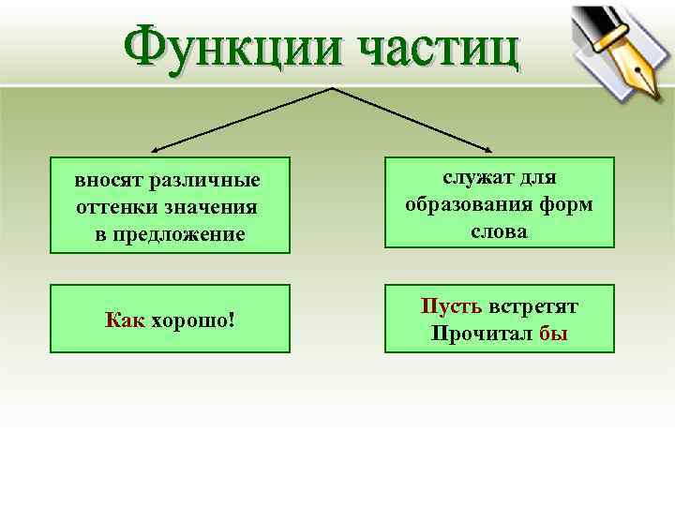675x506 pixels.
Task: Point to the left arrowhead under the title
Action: coord(156,149)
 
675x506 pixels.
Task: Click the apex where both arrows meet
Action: coord(332,89)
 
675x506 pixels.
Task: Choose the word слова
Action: coord(499,231)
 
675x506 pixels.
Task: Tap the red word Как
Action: coord(125,320)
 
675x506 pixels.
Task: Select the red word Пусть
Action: coord(452,305)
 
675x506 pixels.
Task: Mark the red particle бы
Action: coord(553,334)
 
